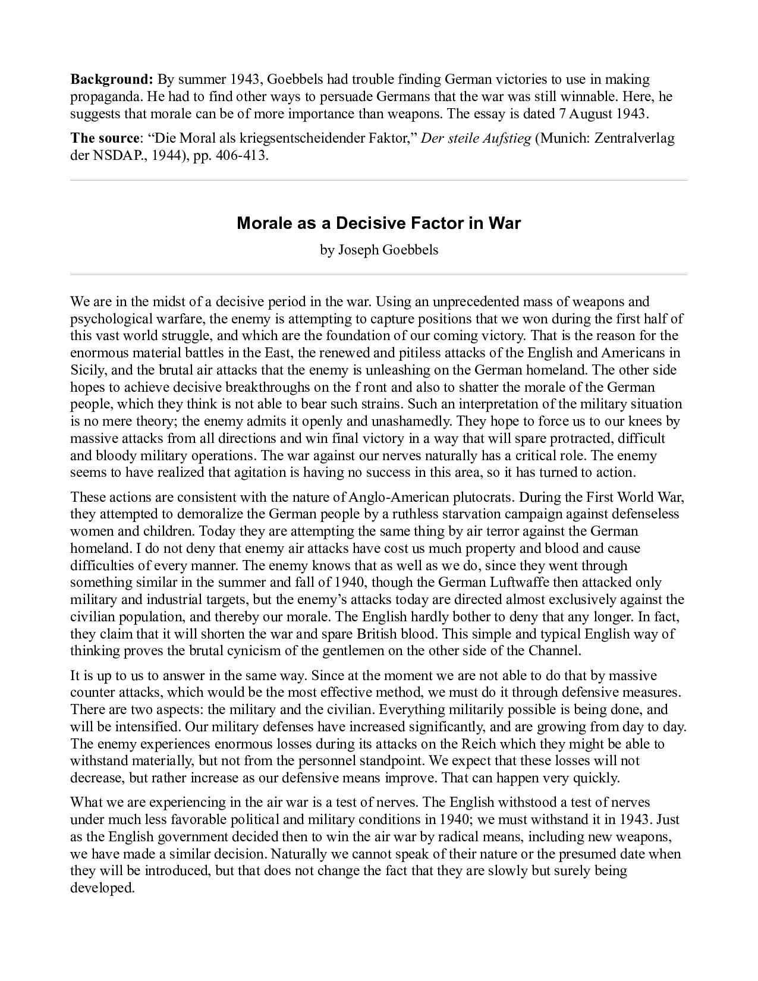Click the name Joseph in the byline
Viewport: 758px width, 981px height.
click(x=358, y=250)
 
